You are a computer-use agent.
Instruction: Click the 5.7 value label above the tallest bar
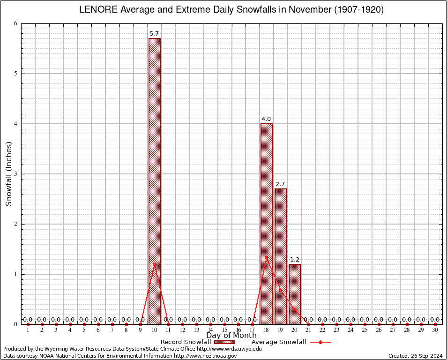coord(155,34)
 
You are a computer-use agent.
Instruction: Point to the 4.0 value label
coord(267,119)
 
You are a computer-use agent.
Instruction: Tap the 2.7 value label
coord(281,184)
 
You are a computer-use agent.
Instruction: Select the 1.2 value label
coord(295,259)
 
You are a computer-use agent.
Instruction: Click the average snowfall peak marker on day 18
coord(267,257)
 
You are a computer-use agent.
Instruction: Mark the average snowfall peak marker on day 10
coord(155,264)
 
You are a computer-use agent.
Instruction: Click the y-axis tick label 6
coord(15,24)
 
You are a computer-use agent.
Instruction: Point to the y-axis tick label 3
coord(15,174)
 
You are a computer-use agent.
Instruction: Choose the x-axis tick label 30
coord(435,330)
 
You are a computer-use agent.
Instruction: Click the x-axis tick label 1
coord(28,330)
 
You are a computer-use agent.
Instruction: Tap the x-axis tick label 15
coord(224,330)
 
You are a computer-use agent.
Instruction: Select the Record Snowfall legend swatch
coord(224,342)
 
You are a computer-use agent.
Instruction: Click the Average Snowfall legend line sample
coord(320,342)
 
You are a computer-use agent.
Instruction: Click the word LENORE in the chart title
coord(97,10)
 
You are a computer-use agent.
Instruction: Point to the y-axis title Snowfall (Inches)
coord(8,174)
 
